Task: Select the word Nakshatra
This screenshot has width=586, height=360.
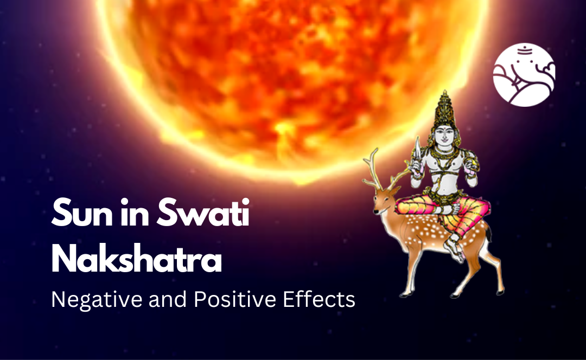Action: pyautogui.click(x=136, y=260)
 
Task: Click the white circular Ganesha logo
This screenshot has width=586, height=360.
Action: pyautogui.click(x=524, y=75)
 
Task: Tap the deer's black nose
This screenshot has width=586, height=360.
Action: pyautogui.click(x=375, y=211)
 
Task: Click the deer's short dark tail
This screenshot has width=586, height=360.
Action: pyautogui.click(x=489, y=233)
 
